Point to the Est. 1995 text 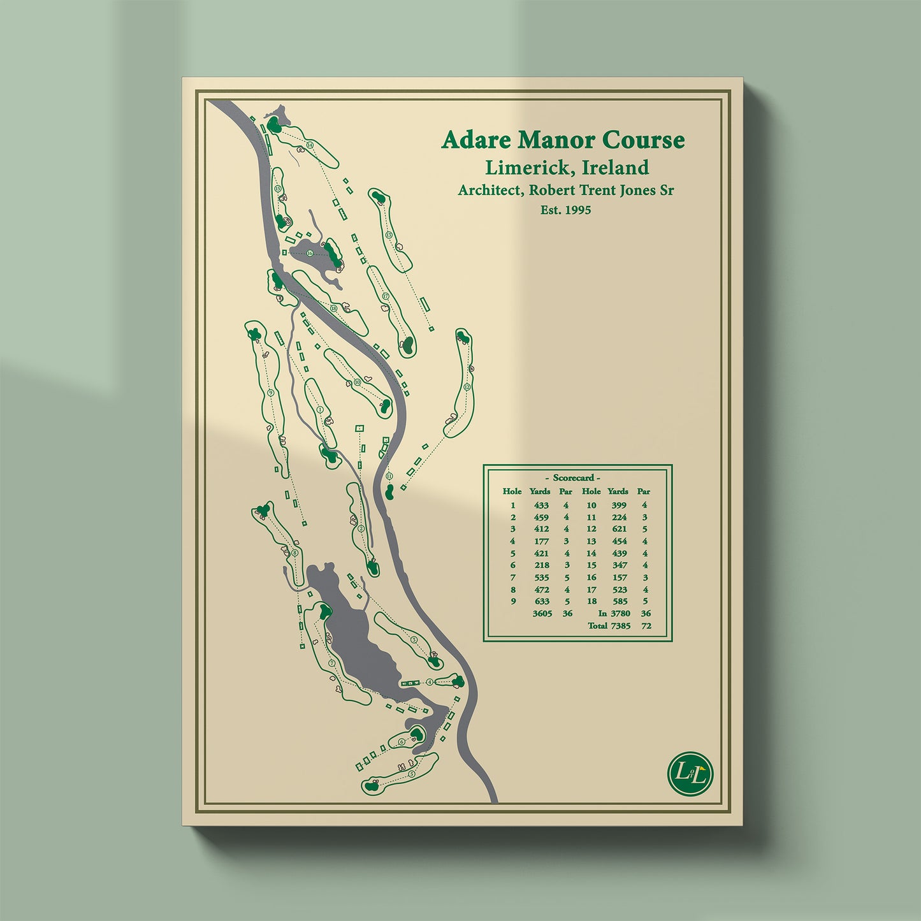tap(565, 210)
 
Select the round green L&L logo tap(690, 774)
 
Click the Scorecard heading tap(573, 477)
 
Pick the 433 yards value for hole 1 tap(541, 505)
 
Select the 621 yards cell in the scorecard tap(619, 529)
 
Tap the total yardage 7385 tap(620, 626)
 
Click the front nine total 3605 tap(542, 614)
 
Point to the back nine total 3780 tap(620, 614)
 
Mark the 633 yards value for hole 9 tap(541, 602)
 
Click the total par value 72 tap(646, 626)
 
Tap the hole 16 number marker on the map tap(310, 253)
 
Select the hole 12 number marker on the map tap(467, 387)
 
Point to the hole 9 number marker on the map tap(271, 393)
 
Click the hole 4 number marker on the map tap(430, 682)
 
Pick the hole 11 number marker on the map tap(389, 476)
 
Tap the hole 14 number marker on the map tap(310, 145)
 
